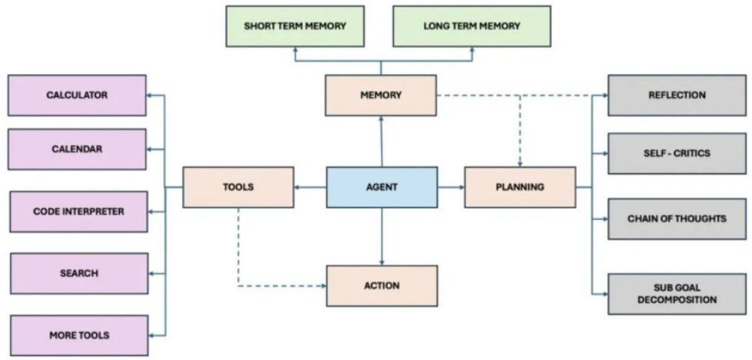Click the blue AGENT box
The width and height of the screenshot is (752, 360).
tap(381, 187)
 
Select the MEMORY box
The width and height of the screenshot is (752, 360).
tap(381, 95)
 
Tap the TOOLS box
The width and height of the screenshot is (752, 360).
tap(238, 187)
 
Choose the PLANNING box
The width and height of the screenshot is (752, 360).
tap(520, 187)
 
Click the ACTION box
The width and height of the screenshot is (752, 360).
tap(381, 286)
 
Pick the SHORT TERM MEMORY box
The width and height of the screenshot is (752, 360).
tap(295, 26)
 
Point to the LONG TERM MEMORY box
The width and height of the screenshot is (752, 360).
tap(472, 26)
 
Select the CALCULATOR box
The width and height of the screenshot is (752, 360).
tap(77, 95)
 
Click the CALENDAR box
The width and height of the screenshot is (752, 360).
tap(77, 149)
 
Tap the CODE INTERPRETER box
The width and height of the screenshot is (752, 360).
tap(78, 212)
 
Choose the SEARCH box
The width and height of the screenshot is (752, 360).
tap(79, 274)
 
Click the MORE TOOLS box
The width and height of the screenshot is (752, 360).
tap(79, 335)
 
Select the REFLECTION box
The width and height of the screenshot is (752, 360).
tap(677, 95)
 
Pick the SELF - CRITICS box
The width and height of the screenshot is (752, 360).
tap(677, 154)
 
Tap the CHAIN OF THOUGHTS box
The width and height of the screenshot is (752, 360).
tap(677, 219)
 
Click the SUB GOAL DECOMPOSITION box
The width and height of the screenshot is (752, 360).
tap(677, 295)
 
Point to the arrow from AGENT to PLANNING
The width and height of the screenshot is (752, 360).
tap(451, 187)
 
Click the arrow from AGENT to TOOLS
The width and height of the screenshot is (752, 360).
tap(311, 187)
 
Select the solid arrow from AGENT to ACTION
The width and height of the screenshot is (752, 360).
tap(381, 237)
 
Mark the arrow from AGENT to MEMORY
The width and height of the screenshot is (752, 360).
tap(381, 141)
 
